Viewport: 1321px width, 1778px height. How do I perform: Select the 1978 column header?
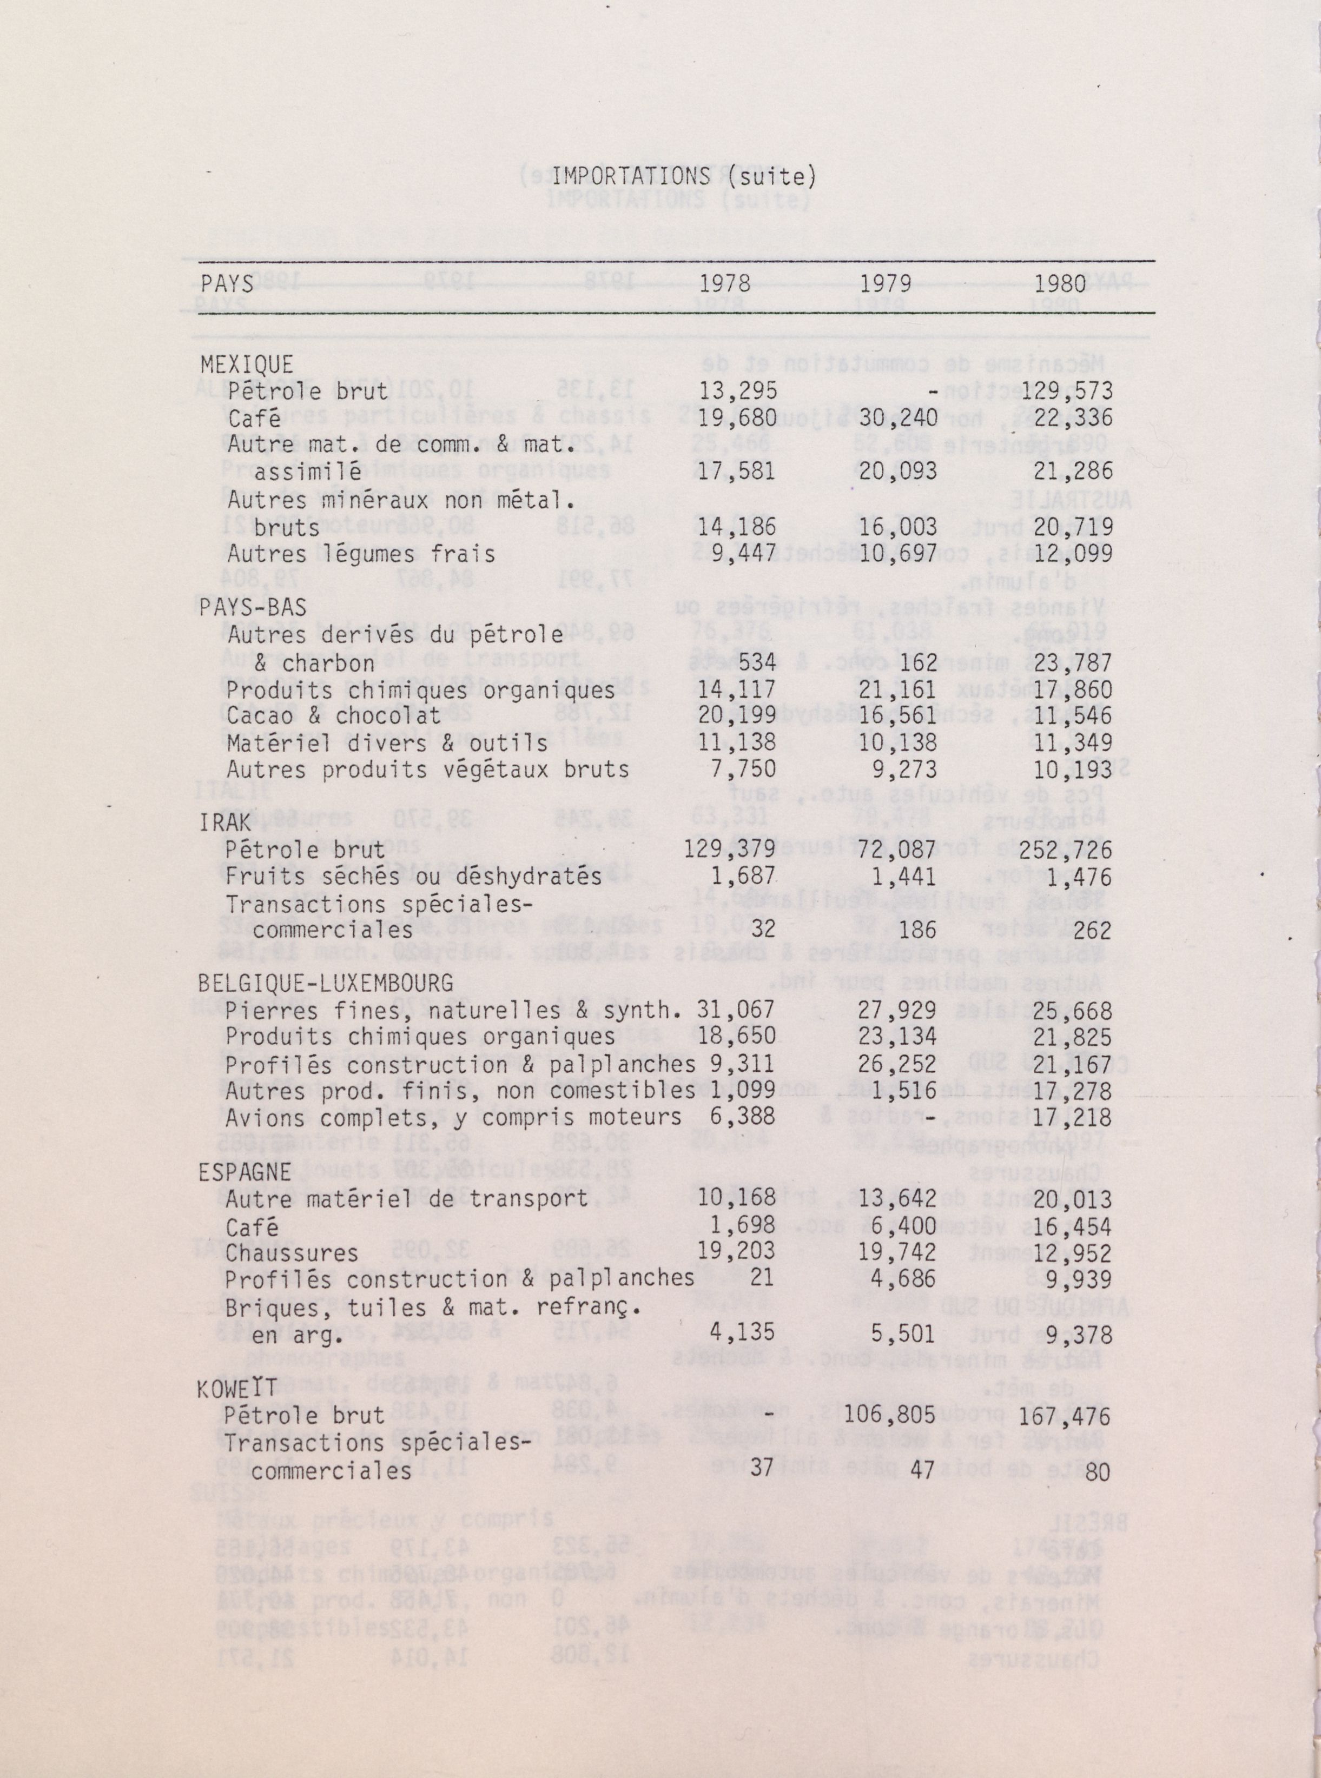725,284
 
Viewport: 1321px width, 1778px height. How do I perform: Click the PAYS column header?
227,284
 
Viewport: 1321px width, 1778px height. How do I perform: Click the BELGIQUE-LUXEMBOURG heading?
326,983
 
